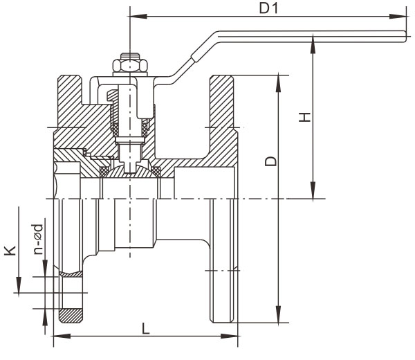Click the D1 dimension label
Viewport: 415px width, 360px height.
click(x=266, y=8)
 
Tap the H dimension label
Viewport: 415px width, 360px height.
click(x=304, y=118)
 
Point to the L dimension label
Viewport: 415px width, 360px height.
click(x=146, y=329)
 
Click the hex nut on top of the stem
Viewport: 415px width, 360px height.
click(x=130, y=66)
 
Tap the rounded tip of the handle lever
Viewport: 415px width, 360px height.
click(x=405, y=34)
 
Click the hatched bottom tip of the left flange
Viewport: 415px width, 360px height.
click(x=70, y=316)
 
